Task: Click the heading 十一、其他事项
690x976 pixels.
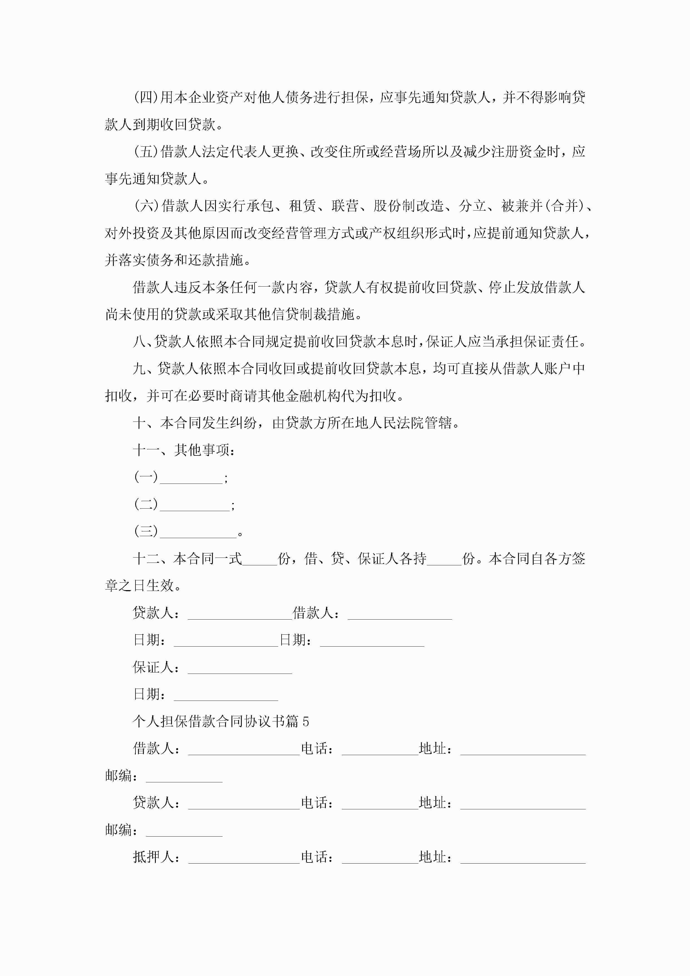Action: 184,450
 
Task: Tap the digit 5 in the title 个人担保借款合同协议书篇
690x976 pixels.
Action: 305,722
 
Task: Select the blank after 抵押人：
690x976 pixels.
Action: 244,858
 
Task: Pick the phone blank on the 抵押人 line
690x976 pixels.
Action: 380,858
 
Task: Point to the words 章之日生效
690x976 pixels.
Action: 140,586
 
